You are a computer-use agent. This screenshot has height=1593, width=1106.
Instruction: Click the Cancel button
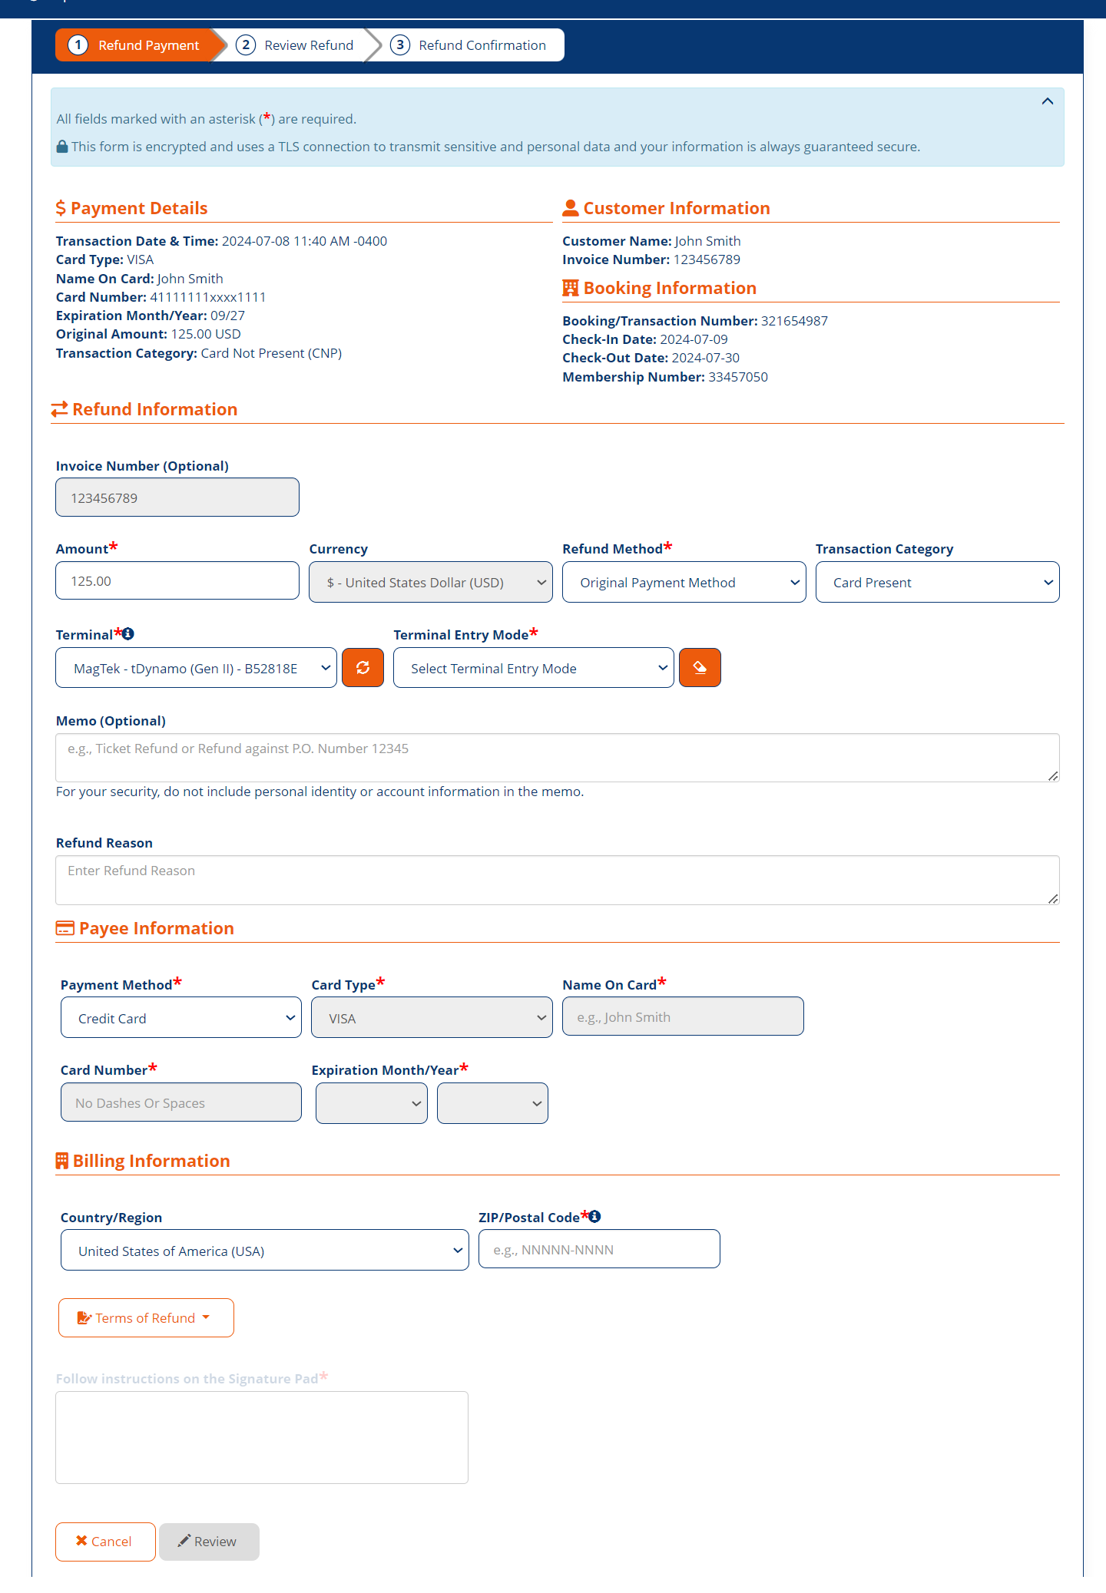[x=105, y=1541]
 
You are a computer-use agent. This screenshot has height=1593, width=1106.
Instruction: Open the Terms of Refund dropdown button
[x=146, y=1317]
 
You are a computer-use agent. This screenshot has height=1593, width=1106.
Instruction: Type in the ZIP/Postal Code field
[x=599, y=1249]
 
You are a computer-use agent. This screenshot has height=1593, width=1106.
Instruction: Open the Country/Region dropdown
[x=264, y=1251]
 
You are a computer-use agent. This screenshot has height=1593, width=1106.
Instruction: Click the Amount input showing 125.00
[x=177, y=581]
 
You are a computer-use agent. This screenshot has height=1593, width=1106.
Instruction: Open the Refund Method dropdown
[x=684, y=583]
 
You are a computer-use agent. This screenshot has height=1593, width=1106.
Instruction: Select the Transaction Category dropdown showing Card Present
[x=937, y=583]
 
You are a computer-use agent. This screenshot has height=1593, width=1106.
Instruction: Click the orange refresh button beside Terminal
[x=363, y=668]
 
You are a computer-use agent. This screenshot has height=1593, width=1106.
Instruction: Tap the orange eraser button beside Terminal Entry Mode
[x=700, y=668]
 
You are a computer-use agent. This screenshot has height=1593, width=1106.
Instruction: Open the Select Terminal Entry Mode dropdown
[x=533, y=668]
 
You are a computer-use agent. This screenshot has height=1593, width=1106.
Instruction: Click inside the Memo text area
[x=557, y=758]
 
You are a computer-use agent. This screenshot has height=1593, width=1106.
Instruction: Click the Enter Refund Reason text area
[x=557, y=880]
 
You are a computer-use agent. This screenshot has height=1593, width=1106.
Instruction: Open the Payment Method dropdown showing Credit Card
[x=181, y=1018]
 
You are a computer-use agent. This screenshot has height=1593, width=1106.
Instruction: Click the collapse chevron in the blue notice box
[x=1047, y=101]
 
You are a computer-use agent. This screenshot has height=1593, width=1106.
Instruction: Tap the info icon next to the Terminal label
[x=128, y=634]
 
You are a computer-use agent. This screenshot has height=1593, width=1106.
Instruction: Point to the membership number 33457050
[x=738, y=377]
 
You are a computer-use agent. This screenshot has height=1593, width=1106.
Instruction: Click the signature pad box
[x=262, y=1437]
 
